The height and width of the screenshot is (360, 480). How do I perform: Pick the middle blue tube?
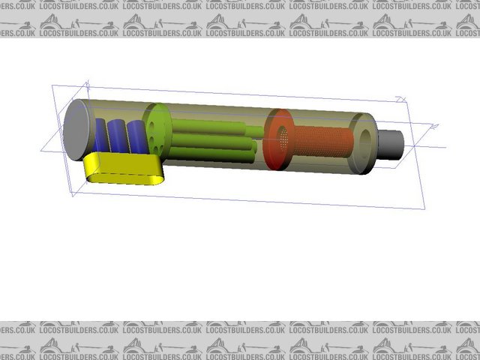(118, 135)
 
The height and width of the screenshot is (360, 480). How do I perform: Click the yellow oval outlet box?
(124, 169)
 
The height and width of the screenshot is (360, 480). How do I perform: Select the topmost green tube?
(210, 127)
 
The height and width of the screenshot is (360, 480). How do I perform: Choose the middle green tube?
(214, 141)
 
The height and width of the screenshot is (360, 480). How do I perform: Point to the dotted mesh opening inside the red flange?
(283, 136)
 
